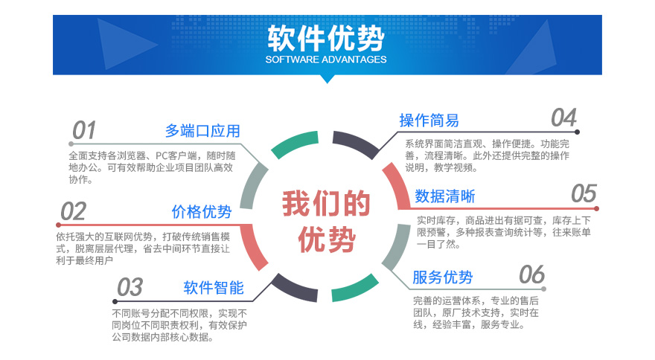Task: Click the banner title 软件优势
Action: [326, 38]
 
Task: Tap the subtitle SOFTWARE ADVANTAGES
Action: [326, 60]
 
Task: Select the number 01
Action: [84, 130]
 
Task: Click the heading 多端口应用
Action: [202, 131]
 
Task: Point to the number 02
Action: [73, 211]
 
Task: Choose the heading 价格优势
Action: [202, 212]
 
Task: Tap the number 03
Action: [130, 287]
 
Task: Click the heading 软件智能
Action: [214, 288]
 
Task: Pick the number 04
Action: [564, 118]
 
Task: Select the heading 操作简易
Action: [429, 120]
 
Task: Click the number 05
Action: [584, 194]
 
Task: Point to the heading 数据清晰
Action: [445, 196]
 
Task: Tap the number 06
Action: [531, 274]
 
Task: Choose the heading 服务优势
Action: [442, 277]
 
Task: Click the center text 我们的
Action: [326, 203]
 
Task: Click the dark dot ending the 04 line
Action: [577, 132]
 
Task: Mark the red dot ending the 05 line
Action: [596, 208]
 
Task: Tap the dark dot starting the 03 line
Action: [115, 301]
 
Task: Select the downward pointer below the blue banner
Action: [327, 79]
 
